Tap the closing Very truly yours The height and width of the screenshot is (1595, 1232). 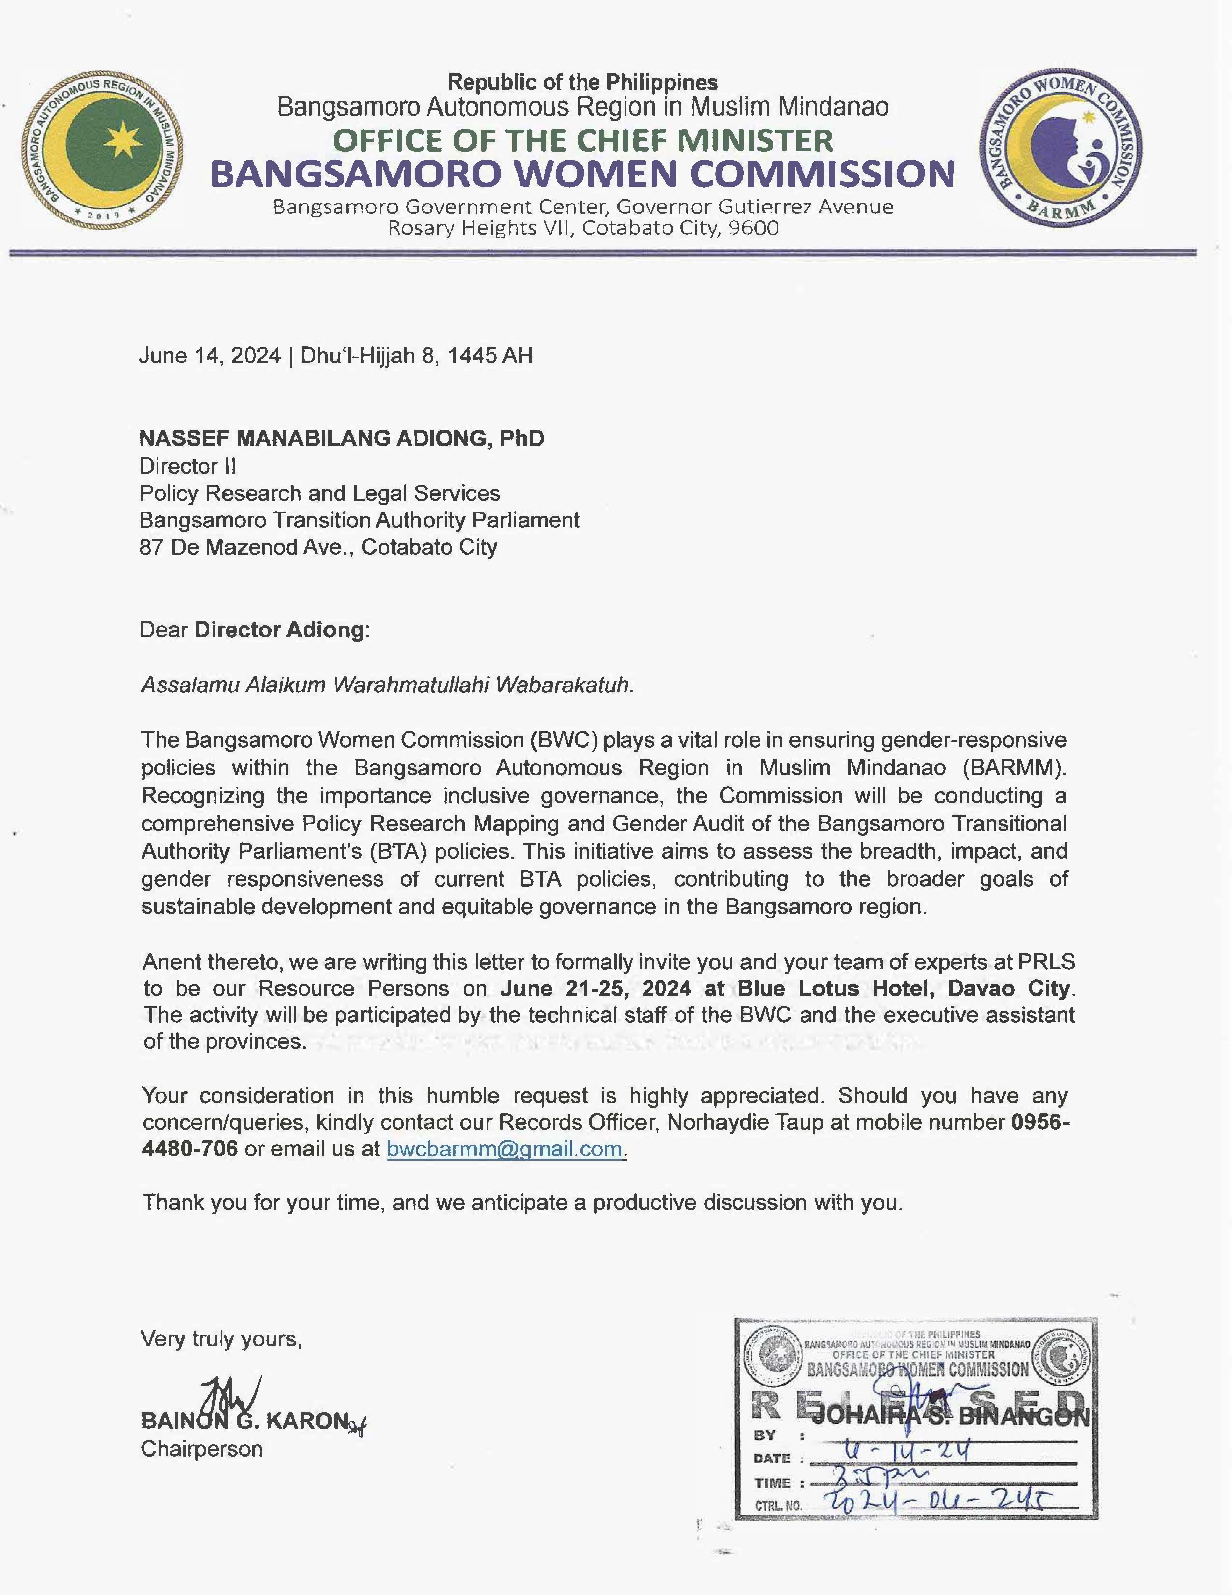click(221, 1339)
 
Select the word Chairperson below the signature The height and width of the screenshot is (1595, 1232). click(201, 1449)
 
